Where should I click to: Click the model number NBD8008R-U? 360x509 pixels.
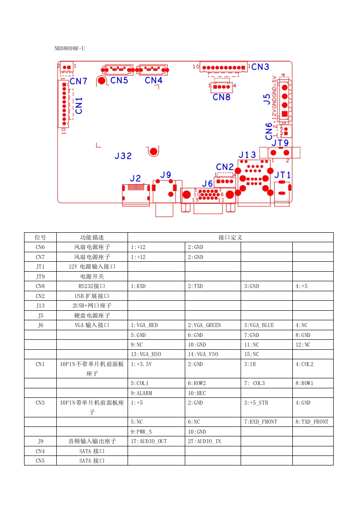(x=69, y=48)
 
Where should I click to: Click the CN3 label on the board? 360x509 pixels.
(x=260, y=67)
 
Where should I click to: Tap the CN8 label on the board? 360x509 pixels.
(x=222, y=97)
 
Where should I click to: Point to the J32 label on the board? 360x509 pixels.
(x=123, y=156)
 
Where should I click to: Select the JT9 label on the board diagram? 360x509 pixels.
(x=280, y=143)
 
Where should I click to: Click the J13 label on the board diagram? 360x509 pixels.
(x=247, y=155)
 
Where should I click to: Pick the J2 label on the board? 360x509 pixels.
(x=135, y=178)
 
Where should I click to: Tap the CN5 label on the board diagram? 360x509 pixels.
(x=119, y=80)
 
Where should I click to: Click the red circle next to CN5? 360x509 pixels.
(x=101, y=81)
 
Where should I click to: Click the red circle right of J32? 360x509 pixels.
(x=154, y=152)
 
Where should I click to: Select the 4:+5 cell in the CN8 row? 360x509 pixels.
(x=301, y=286)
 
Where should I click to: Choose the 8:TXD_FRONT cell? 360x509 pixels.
(x=312, y=422)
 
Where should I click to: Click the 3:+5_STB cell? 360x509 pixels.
(x=256, y=403)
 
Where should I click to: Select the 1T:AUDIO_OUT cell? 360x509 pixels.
(x=148, y=441)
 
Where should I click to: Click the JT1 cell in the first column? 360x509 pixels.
(x=40, y=267)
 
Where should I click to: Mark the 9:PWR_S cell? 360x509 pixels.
(x=141, y=432)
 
